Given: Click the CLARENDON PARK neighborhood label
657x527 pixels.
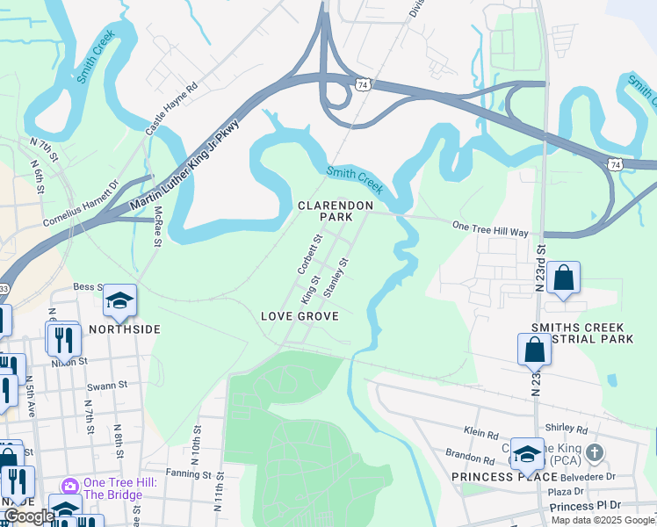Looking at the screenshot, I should (331, 210).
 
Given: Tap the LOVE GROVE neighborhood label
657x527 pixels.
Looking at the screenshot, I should (299, 315).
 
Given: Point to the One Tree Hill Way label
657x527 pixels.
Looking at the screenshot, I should (489, 227).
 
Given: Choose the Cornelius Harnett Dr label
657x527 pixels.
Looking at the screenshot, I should (81, 204).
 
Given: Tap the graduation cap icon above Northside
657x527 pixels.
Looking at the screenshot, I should (120, 301).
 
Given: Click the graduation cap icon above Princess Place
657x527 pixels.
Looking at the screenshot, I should (527, 454).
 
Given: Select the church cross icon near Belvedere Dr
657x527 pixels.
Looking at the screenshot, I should (595, 452).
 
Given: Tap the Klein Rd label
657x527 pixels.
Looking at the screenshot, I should (480, 432).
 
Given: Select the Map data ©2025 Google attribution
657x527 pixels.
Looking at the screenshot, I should (603, 520).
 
